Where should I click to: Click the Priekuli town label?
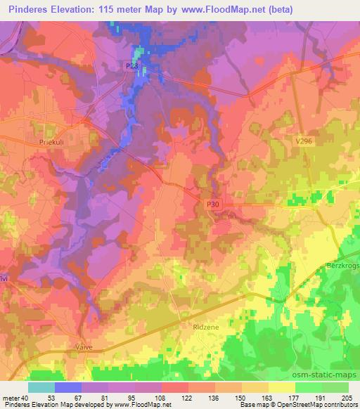[49, 141]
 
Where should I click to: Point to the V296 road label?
[303, 141]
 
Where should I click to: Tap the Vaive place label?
[84, 347]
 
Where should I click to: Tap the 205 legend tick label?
[345, 398]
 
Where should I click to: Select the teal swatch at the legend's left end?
[41, 387]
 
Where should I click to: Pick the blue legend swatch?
[68, 387]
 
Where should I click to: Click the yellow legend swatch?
[282, 387]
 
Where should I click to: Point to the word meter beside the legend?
[12, 398]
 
